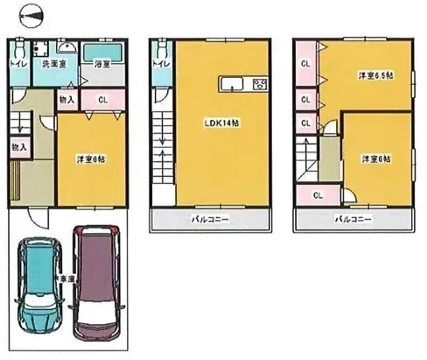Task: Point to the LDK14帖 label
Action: pyautogui.click(x=224, y=123)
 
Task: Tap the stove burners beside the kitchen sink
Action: pyautogui.click(x=259, y=84)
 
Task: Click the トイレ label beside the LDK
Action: pyautogui.click(x=160, y=63)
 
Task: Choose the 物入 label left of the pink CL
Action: pyautogui.click(x=66, y=101)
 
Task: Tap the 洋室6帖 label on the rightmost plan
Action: pyautogui.click(x=376, y=158)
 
